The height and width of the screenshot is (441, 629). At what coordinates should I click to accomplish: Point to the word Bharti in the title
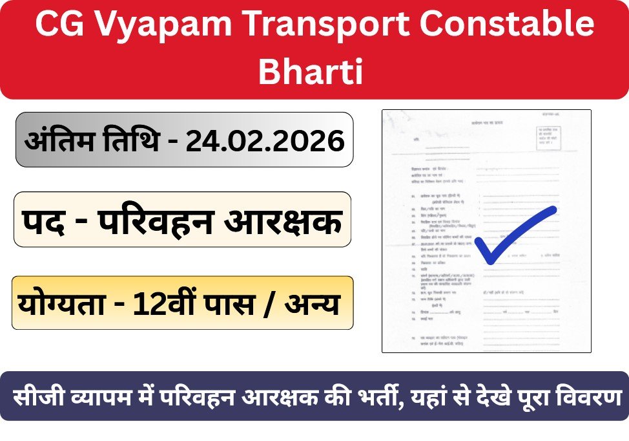312,71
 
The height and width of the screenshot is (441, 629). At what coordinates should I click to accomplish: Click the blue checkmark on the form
513,235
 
